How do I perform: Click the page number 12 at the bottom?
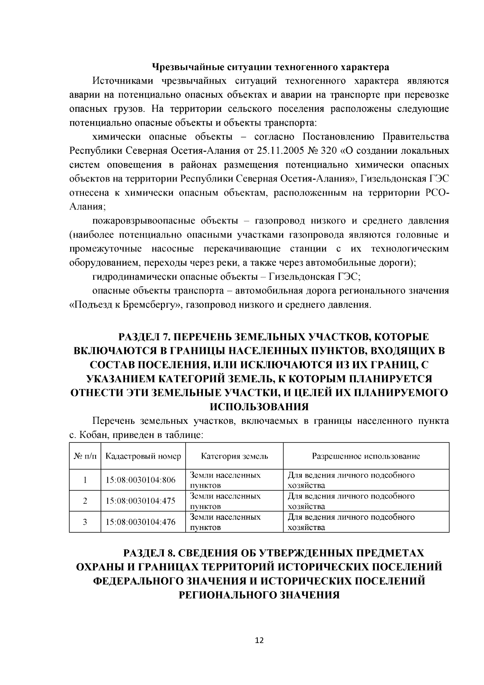259,641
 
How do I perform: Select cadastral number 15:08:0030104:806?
140,480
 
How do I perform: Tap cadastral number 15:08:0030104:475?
140,501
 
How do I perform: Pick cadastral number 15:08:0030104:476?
140,522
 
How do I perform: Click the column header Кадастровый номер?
143,456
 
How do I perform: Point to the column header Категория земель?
234,456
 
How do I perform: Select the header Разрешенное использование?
366,456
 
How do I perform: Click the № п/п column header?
85,456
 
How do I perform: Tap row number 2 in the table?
85,501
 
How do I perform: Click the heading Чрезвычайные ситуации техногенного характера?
270,66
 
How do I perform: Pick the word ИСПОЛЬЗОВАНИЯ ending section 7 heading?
259,406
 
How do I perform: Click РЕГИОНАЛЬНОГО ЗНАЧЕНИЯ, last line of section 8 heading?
259,595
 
